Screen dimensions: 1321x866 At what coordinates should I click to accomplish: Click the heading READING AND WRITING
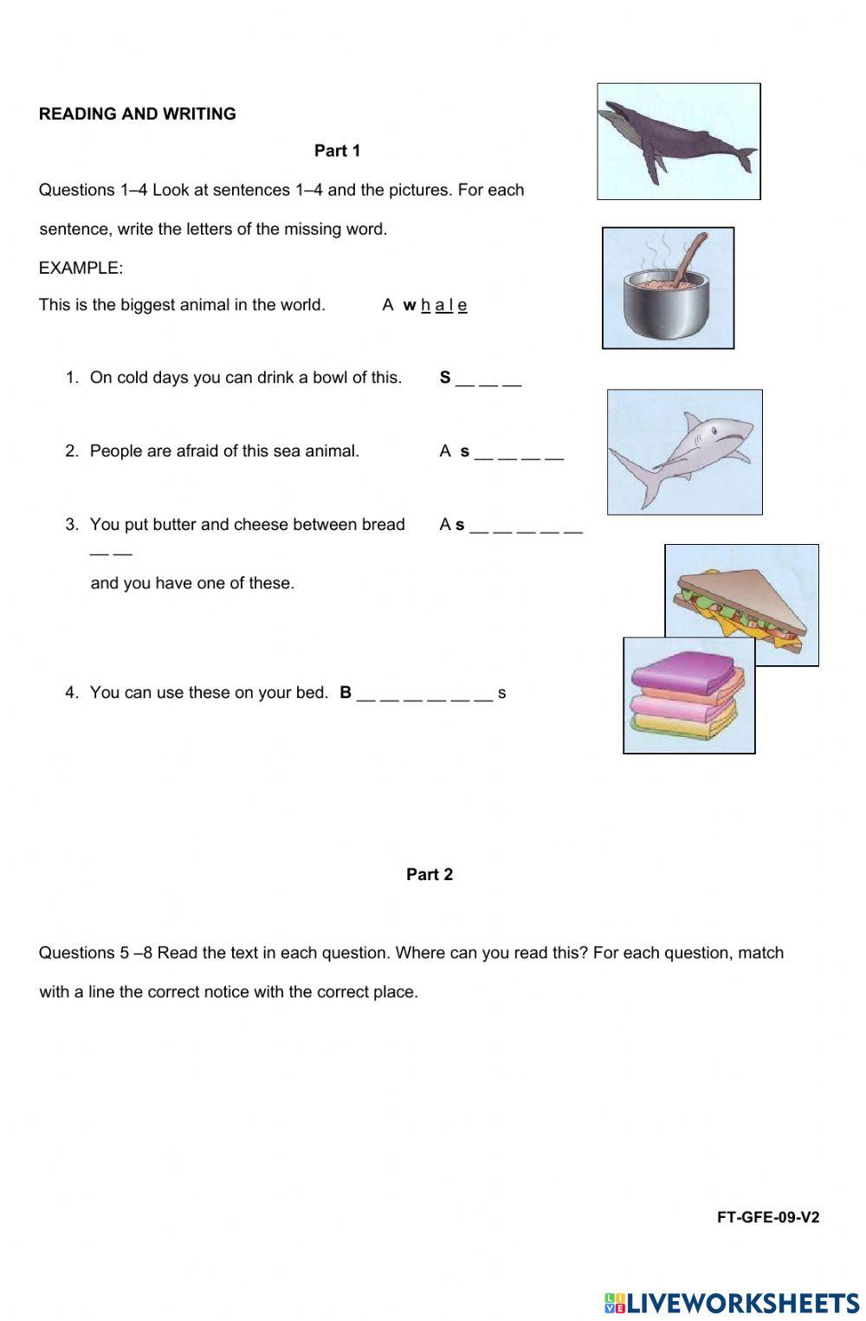[137, 113]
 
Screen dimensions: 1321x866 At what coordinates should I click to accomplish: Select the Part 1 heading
[337, 151]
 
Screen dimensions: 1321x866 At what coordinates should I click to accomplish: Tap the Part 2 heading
[430, 874]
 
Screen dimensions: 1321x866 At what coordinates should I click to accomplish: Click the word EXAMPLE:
[81, 268]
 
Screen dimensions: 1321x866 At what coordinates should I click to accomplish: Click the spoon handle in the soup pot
[692, 256]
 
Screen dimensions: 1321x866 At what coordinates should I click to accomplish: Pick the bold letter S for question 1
[445, 377]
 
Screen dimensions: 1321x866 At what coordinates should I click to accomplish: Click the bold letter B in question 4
[346, 692]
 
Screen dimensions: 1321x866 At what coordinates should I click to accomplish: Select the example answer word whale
[435, 305]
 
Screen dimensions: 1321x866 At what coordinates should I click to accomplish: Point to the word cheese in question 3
[261, 524]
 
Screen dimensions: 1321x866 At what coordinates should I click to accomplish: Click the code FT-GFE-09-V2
[767, 1217]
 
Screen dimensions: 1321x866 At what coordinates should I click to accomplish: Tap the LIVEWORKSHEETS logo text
[742, 1303]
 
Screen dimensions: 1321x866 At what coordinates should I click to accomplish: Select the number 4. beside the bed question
[71, 692]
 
